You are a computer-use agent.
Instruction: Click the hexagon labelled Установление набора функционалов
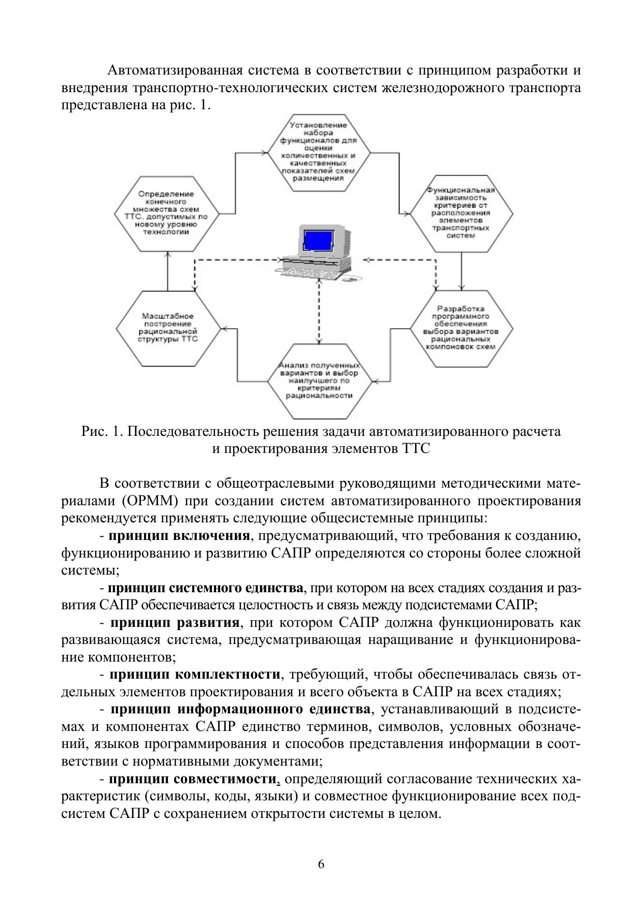pyautogui.click(x=319, y=153)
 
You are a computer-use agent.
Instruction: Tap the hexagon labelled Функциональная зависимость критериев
pyautogui.click(x=461, y=213)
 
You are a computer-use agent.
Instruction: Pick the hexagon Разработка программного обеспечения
pyautogui.click(x=461, y=328)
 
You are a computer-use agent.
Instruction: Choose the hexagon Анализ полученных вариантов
pyautogui.click(x=319, y=380)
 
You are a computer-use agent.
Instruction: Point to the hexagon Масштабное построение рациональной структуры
pyautogui.click(x=167, y=328)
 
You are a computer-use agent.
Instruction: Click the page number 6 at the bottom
pyautogui.click(x=321, y=863)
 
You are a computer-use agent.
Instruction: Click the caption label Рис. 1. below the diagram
pyautogui.click(x=102, y=431)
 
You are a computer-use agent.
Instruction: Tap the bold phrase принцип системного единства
pyautogui.click(x=205, y=588)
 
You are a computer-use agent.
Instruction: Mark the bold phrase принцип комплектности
pyautogui.click(x=195, y=675)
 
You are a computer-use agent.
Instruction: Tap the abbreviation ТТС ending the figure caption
pyautogui.click(x=416, y=448)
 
